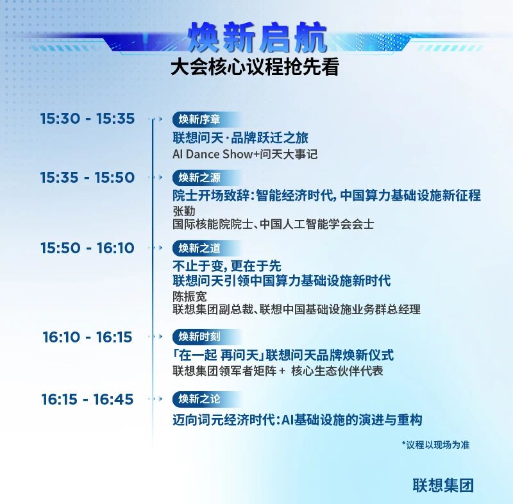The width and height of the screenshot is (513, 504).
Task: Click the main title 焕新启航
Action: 258,38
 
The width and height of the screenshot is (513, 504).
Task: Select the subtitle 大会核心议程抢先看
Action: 255,67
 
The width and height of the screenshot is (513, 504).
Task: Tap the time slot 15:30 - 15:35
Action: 87,119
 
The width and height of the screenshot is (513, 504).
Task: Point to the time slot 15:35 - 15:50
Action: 87,177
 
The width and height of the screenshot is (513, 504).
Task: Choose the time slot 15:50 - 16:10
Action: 87,248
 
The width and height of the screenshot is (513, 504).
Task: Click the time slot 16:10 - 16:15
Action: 87,337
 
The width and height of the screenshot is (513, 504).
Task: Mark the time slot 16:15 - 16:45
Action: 87,399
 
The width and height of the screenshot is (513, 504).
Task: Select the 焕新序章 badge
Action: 206,119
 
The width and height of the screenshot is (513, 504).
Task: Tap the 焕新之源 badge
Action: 206,178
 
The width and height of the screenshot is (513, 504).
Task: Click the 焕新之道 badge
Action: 206,248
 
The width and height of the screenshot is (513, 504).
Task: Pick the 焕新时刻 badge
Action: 206,337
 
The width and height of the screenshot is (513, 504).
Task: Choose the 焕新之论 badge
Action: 206,399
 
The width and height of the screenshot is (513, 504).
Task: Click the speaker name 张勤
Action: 184,211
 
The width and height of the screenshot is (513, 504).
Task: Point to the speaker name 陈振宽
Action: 190,296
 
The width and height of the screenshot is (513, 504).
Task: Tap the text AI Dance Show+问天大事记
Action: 245,154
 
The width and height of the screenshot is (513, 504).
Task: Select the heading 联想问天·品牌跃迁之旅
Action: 240,138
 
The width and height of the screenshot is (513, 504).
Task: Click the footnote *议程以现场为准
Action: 436,445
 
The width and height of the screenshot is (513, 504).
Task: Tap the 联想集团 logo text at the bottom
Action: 443,485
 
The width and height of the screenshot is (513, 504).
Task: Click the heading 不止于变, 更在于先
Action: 227,266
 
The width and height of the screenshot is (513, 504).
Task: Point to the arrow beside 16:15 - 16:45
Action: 155,399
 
